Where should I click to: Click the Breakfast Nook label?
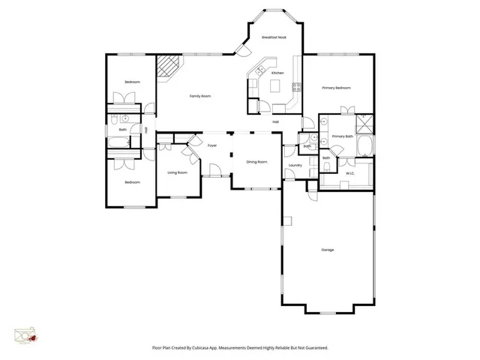pos(274,37)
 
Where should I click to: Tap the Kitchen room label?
pos(277,73)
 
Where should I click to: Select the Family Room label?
pos(199,96)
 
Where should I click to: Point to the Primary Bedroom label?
pos(337,88)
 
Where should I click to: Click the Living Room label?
pos(177,172)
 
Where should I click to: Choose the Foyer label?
pos(212,145)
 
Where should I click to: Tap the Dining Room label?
pos(257,161)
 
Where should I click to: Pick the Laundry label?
pos(295,165)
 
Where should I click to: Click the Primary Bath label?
pos(342,136)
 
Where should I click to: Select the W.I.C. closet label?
pos(350,174)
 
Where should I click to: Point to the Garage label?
pos(327,249)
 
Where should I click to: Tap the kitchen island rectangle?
pos(274,86)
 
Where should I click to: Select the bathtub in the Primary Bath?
pos(365,144)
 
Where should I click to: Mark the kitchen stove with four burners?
pos(298,86)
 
